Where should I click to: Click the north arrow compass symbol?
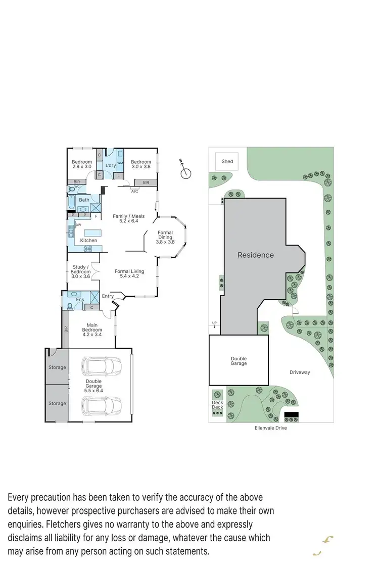186,172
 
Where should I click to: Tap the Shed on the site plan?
227,161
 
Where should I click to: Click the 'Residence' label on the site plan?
256,255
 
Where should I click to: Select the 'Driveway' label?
300,372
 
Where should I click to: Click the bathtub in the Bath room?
71,203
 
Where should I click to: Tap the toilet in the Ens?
70,306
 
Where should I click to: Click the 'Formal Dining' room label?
165,238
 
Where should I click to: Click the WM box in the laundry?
120,163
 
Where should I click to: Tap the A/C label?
134,192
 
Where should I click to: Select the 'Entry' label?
108,296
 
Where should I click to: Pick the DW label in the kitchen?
78,225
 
